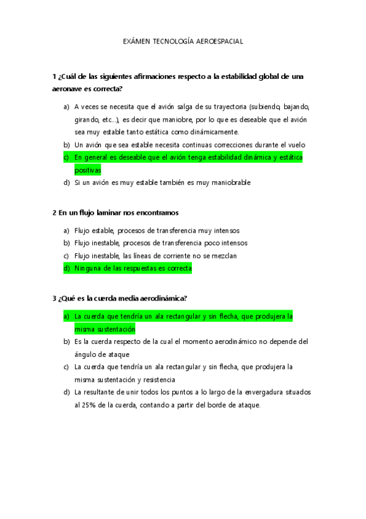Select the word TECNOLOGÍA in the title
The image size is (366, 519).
tap(172, 41)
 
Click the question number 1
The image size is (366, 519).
tap(54, 77)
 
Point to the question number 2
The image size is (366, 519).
tap(54, 212)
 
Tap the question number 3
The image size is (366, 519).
tap(54, 299)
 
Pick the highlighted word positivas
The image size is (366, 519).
tap(87, 170)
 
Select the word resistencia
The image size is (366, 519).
tap(156, 379)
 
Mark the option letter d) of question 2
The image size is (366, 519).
tap(66, 268)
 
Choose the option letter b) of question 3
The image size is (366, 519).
tap(66, 342)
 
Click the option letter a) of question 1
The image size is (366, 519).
tap(66, 106)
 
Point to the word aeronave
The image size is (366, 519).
tap(69, 89)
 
